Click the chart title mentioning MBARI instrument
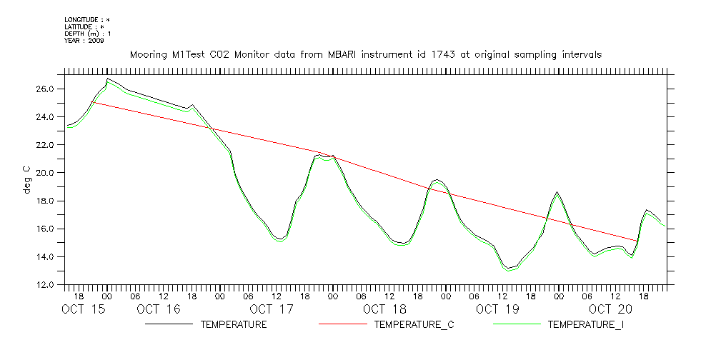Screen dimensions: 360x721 (365, 54)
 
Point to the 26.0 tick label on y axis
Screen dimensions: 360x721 (44, 89)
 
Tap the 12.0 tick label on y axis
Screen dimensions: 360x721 (44, 285)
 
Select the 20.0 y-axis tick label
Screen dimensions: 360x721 (44, 173)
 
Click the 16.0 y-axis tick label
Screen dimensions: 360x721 (44, 229)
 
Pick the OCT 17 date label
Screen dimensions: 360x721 (272, 309)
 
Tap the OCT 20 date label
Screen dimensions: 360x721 (610, 309)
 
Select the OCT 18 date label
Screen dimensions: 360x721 (384, 309)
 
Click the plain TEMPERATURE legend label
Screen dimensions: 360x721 (234, 325)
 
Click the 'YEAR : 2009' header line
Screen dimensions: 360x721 (84, 41)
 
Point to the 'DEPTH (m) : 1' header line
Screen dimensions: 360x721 (88, 34)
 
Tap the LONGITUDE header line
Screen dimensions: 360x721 (86, 20)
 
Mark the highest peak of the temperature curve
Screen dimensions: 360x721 (107, 79)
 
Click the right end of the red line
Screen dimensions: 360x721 (636, 241)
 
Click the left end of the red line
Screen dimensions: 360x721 (93, 102)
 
